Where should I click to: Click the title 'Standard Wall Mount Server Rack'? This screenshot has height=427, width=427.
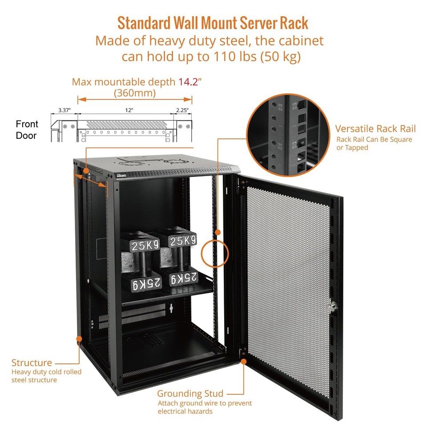click(x=213, y=23)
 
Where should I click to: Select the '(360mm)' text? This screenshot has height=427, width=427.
click(x=135, y=93)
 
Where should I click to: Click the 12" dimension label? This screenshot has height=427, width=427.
click(x=129, y=109)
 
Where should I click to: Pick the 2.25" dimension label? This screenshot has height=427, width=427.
click(x=182, y=109)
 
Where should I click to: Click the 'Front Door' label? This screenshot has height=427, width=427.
click(x=27, y=129)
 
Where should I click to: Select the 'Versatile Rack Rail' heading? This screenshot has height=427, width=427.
click(x=375, y=129)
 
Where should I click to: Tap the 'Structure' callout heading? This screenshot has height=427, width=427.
click(x=32, y=363)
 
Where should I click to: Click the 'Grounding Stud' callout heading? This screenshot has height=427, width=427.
click(x=190, y=393)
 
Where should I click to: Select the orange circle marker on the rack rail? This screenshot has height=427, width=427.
click(x=215, y=254)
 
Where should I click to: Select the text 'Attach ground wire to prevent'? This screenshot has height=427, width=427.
click(x=205, y=403)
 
